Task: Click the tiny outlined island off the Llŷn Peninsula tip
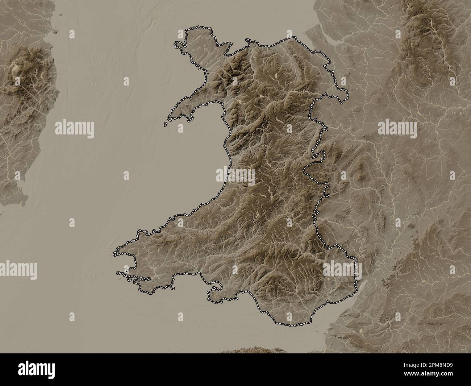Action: point(165,124)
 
